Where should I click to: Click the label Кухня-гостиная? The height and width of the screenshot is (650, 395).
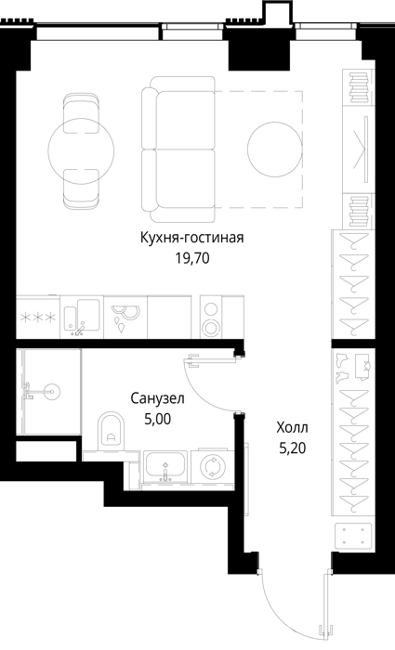tap(191, 239)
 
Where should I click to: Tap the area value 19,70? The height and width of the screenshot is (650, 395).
tap(192, 259)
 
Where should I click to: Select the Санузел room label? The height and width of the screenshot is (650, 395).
tap(158, 398)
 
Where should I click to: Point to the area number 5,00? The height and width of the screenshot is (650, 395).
tap(158, 419)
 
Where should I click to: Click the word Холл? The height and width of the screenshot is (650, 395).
tap(293, 427)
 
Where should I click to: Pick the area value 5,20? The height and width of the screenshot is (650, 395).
tap(293, 448)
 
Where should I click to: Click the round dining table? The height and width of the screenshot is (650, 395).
tap(81, 150)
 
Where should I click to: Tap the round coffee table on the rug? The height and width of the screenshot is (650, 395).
tap(274, 149)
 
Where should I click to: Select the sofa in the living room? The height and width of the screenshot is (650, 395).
tap(178, 149)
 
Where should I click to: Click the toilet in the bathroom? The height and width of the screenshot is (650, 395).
tap(112, 431)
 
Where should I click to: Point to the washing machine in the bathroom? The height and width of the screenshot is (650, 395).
tap(213, 466)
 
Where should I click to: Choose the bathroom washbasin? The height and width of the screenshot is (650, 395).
tap(165, 467)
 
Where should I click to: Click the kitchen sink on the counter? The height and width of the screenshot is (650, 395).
tap(82, 318)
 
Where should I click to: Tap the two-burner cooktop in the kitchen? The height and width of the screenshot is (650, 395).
tap(211, 318)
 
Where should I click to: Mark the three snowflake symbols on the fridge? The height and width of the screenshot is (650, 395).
tap(38, 318)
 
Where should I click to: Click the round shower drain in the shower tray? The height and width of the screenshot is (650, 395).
tap(52, 391)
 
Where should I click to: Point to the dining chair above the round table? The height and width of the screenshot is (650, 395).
tap(82, 112)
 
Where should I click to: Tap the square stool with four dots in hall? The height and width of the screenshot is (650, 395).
tap(353, 535)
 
